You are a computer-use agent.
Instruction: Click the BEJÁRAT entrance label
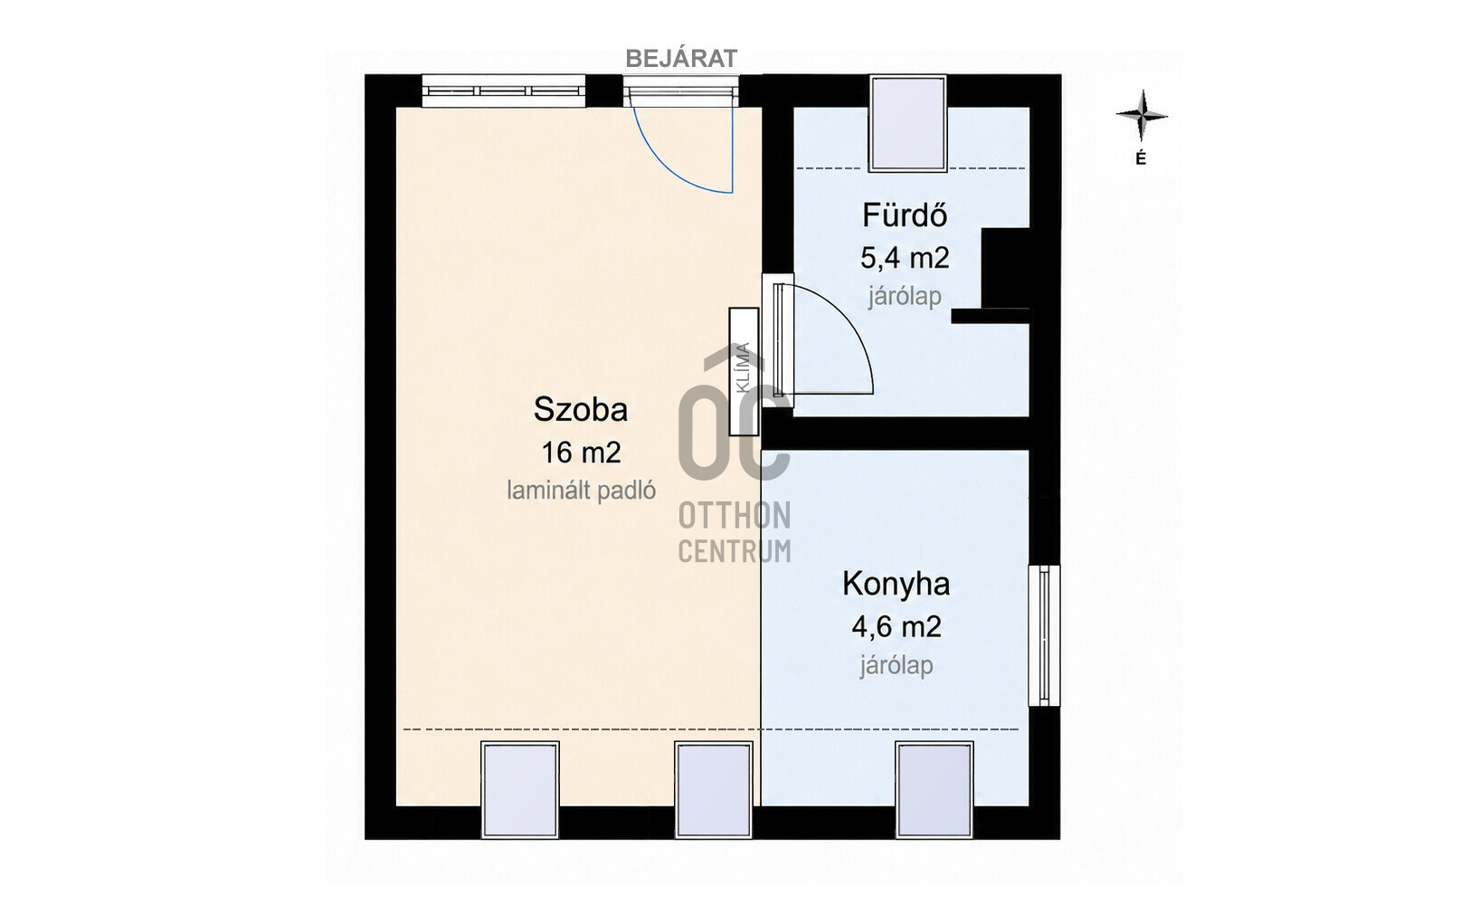681,59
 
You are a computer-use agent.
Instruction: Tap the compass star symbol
1142,116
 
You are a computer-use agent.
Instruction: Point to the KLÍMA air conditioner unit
744,371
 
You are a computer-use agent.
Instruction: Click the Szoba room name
580,409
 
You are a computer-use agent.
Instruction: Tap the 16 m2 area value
581,452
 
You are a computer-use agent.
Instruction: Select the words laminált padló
581,490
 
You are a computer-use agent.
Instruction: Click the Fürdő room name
905,214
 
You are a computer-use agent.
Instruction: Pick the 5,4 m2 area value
905,258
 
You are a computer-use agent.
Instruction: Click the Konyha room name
896,583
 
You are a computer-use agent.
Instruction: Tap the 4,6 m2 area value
896,626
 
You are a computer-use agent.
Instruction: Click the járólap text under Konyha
896,665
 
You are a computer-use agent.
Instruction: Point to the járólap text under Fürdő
905,296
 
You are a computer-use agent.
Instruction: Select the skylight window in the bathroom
907,123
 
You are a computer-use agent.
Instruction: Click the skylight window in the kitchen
934,790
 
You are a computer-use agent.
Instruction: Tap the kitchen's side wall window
1044,635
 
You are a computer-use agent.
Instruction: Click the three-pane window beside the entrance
503,90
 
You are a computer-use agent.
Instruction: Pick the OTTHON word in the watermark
735,516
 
